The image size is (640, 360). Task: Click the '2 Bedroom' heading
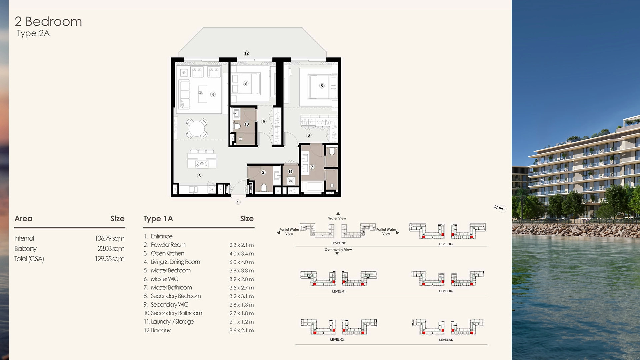pyautogui.click(x=48, y=21)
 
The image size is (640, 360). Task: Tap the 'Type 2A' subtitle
pyautogui.click(x=33, y=33)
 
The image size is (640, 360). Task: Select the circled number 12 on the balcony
pyautogui.click(x=246, y=53)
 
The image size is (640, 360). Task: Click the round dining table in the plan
pyautogui.click(x=197, y=128)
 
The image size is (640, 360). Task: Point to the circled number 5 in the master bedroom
pyautogui.click(x=322, y=86)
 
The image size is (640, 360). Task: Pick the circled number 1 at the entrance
pyautogui.click(x=238, y=202)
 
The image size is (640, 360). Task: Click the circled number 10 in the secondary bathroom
pyautogui.click(x=246, y=124)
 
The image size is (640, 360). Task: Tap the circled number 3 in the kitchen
pyautogui.click(x=199, y=176)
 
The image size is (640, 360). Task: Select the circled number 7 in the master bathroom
pyautogui.click(x=312, y=167)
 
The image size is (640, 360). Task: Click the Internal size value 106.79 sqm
pyautogui.click(x=110, y=238)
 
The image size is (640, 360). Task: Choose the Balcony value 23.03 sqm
pyautogui.click(x=111, y=249)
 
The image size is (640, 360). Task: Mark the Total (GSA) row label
pyautogui.click(x=29, y=259)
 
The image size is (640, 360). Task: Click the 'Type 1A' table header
pyautogui.click(x=158, y=219)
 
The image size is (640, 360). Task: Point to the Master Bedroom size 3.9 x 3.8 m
pyautogui.click(x=241, y=271)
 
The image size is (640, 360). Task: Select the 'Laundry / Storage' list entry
pyautogui.click(x=172, y=322)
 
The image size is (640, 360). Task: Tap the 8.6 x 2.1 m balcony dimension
pyautogui.click(x=241, y=330)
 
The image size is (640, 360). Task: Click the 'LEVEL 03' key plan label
pyautogui.click(x=446, y=244)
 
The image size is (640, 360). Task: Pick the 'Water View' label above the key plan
pyautogui.click(x=337, y=218)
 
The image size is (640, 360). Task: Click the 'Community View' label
pyautogui.click(x=338, y=250)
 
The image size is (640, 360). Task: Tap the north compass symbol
pyautogui.click(x=501, y=208)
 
